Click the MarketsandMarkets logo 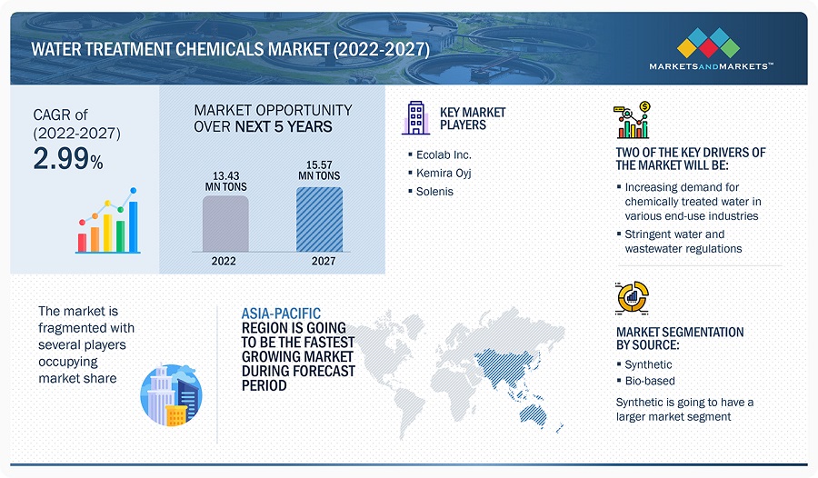click(x=712, y=49)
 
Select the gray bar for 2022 click(x=224, y=224)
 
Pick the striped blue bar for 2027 click(x=319, y=219)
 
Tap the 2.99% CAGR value click(x=67, y=159)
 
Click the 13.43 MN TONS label click(x=224, y=180)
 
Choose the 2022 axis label click(x=224, y=261)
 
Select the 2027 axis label click(x=319, y=261)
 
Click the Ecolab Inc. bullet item click(x=445, y=154)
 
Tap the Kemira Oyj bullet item click(x=445, y=173)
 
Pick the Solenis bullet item click(x=436, y=192)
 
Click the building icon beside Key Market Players click(x=414, y=118)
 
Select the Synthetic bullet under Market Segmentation click(x=648, y=364)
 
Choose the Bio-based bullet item click(x=650, y=381)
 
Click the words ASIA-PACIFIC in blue click(x=281, y=314)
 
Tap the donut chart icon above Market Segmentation click(x=632, y=297)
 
